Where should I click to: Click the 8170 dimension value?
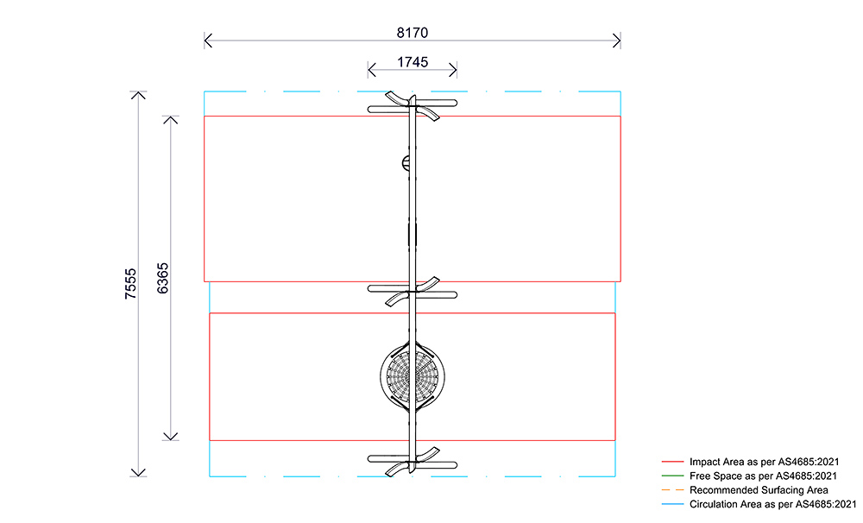[413, 32]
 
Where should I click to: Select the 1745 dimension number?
[413, 62]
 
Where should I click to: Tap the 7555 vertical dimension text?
[130, 284]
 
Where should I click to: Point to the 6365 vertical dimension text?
[163, 277]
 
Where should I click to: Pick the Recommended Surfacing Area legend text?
[759, 490]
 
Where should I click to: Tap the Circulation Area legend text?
[772, 504]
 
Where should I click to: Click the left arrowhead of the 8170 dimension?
[207, 40]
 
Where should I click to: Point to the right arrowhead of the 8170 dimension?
[618, 40]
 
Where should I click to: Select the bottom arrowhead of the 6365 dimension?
[171, 438]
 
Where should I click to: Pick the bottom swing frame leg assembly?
[413, 460]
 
